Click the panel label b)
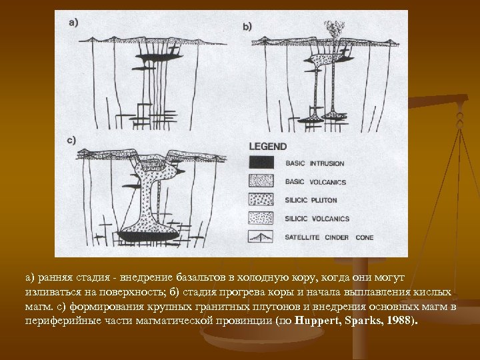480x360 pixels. [x=247, y=27]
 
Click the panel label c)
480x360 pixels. [x=73, y=140]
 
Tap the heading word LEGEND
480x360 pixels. [x=268, y=146]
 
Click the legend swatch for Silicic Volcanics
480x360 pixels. [x=262, y=217]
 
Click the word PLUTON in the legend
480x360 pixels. [x=323, y=199]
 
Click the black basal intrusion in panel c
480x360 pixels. [x=148, y=235]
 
